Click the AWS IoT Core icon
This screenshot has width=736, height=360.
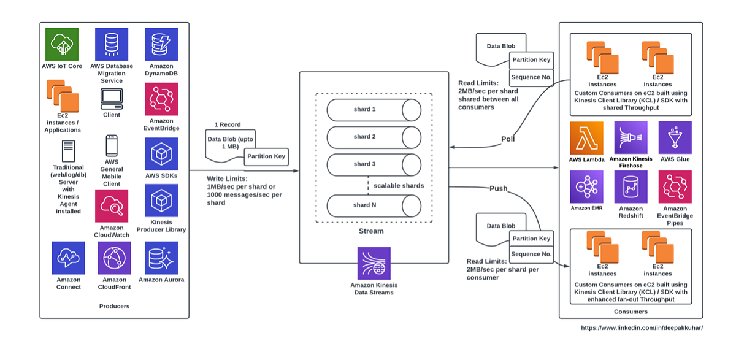point(62,44)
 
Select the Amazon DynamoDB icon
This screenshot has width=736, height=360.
point(161,44)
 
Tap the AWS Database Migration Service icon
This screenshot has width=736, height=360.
point(112,44)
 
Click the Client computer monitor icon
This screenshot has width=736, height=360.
point(112,98)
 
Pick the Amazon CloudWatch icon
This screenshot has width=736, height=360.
point(112,205)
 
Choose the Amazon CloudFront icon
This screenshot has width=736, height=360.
point(114,258)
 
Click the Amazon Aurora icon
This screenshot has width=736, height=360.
point(161,258)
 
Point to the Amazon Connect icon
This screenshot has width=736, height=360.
point(68,258)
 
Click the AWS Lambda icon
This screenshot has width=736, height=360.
point(586,137)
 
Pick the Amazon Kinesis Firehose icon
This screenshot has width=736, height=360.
point(631,137)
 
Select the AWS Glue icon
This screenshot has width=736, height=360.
point(675,137)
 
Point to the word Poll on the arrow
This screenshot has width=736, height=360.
point(507,139)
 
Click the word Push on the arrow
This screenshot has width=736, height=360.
point(498,188)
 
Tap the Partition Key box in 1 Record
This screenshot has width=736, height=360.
point(265,156)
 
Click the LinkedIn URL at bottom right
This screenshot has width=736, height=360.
point(642,328)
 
